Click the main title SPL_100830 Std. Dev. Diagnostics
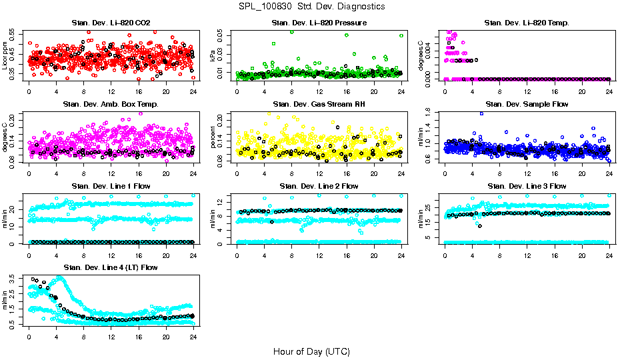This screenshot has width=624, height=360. (311, 6)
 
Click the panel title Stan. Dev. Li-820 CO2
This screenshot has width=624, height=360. (111, 23)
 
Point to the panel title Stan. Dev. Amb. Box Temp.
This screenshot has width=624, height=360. (111, 104)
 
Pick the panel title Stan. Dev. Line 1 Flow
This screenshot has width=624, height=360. (111, 186)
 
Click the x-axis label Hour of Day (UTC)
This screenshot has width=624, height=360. (311, 351)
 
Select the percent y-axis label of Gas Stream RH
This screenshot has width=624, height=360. (213, 137)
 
